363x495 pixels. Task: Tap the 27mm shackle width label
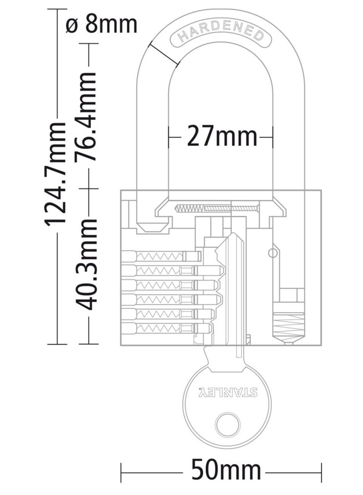(x=221, y=136)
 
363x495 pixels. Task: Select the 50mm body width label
(x=226, y=469)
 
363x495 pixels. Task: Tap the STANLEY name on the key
(x=229, y=391)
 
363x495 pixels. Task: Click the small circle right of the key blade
(x=273, y=252)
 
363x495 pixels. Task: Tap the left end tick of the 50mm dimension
(x=121, y=469)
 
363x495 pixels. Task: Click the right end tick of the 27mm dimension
(x=273, y=136)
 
